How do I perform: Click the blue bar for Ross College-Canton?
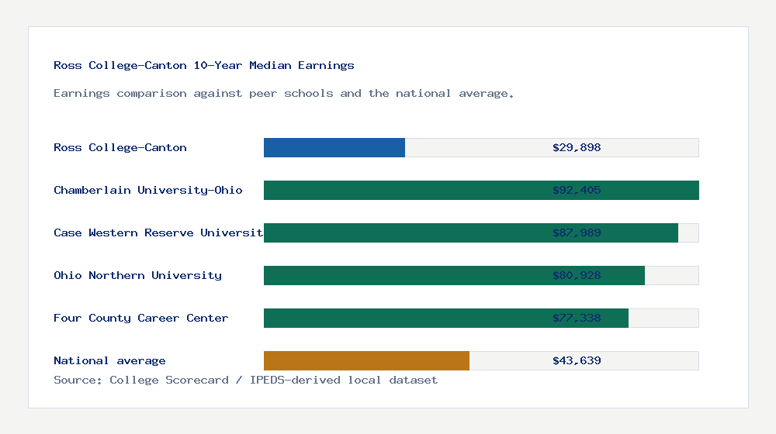[334, 147]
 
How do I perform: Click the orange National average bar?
[366, 360]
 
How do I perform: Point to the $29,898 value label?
[577, 147]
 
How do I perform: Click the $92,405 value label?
[577, 190]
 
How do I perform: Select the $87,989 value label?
[577, 232]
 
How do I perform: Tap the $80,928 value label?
[577, 275]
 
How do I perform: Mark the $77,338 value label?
[577, 318]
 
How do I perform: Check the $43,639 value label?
[577, 360]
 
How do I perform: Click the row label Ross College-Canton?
[120, 147]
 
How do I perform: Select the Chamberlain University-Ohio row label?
[148, 190]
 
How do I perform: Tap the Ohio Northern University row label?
[137, 275]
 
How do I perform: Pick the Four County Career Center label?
[141, 318]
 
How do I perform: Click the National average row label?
[109, 360]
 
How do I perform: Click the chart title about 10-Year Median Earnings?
[204, 66]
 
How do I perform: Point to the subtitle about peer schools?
[284, 94]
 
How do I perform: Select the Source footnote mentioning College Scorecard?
[245, 381]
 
